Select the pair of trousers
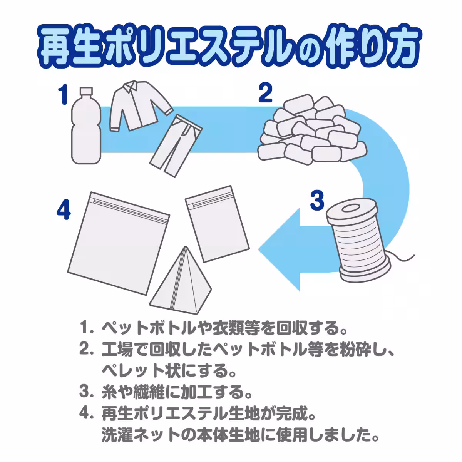tap(176, 145)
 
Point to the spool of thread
tap(359, 240)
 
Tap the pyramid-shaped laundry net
tap(181, 281)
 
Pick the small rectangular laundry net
tap(217, 224)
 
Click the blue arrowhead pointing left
tap(279, 249)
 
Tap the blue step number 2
tap(265, 92)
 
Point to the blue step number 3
tap(317, 200)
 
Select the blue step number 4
tap(64, 209)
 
